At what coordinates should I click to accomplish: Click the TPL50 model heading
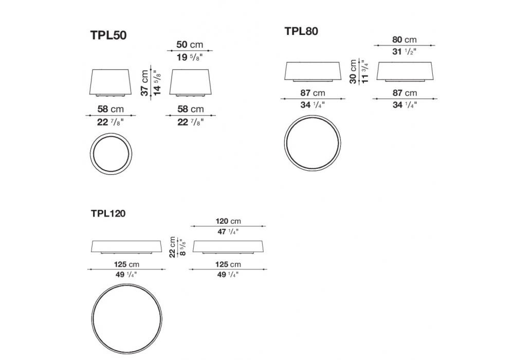[108, 35]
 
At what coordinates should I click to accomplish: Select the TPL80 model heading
[301, 31]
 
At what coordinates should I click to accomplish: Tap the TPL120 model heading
[108, 214]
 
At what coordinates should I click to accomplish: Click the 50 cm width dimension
[190, 44]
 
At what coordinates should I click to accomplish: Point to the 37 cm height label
[144, 83]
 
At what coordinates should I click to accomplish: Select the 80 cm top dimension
[405, 40]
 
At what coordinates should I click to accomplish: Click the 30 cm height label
[353, 71]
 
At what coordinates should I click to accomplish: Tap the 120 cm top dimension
[228, 221]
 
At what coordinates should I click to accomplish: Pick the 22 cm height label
[172, 247]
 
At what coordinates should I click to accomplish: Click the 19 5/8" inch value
[190, 58]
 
